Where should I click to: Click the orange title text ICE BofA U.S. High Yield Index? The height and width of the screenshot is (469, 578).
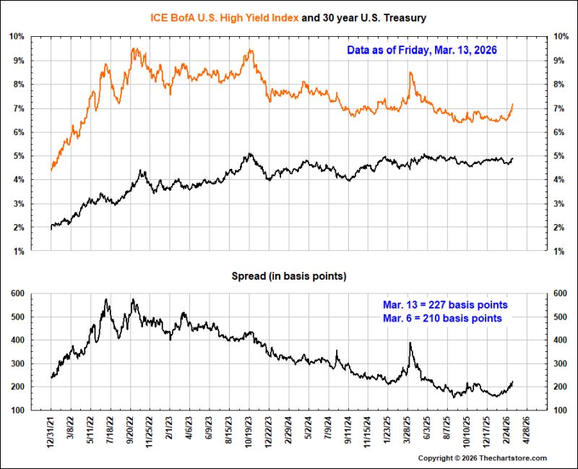coord(224,17)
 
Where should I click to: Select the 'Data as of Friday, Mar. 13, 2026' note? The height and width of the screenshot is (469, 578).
coord(422,50)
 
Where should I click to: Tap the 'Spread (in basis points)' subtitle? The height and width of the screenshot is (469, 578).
coord(289,276)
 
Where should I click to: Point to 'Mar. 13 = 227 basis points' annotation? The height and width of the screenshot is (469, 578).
coord(445,305)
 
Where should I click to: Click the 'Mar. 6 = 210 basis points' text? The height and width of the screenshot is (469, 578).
coord(442,318)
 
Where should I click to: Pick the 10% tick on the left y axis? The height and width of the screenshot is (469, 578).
coord(17,37)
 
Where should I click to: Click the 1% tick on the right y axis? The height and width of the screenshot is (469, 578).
coord(558,251)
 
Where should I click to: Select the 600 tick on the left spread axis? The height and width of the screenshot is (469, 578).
coord(17,293)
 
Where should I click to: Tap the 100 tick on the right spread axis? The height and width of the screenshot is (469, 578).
coord(561,410)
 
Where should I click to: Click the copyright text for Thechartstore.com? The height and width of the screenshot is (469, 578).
coord(483,458)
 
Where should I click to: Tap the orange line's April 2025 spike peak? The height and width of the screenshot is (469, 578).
coord(410,73)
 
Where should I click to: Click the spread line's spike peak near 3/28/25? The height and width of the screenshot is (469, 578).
coord(410,343)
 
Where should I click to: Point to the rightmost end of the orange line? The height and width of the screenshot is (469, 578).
coord(513,104)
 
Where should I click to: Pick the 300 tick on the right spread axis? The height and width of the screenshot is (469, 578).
coord(561,363)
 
